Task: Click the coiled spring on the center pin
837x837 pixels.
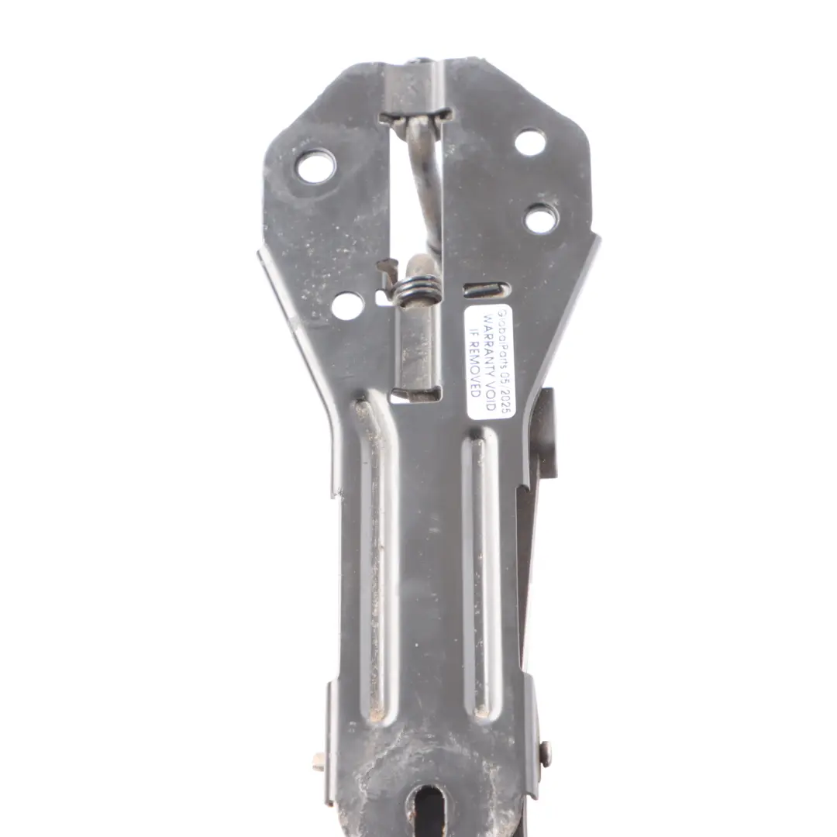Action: tap(418, 291)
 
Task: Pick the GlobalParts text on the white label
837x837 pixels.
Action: tap(504, 335)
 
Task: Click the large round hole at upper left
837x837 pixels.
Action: tap(315, 167)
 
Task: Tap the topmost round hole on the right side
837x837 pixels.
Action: tap(530, 143)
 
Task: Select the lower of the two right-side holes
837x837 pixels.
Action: tap(541, 219)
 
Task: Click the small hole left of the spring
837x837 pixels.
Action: tap(347, 305)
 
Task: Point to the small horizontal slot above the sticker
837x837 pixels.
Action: tap(487, 291)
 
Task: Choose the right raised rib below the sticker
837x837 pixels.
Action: tap(481, 573)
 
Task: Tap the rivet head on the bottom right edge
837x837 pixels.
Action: tap(546, 753)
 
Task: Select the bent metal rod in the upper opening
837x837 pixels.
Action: tap(425, 186)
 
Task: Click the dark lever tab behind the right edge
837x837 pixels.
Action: tap(544, 434)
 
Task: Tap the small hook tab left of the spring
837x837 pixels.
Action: tap(387, 270)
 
